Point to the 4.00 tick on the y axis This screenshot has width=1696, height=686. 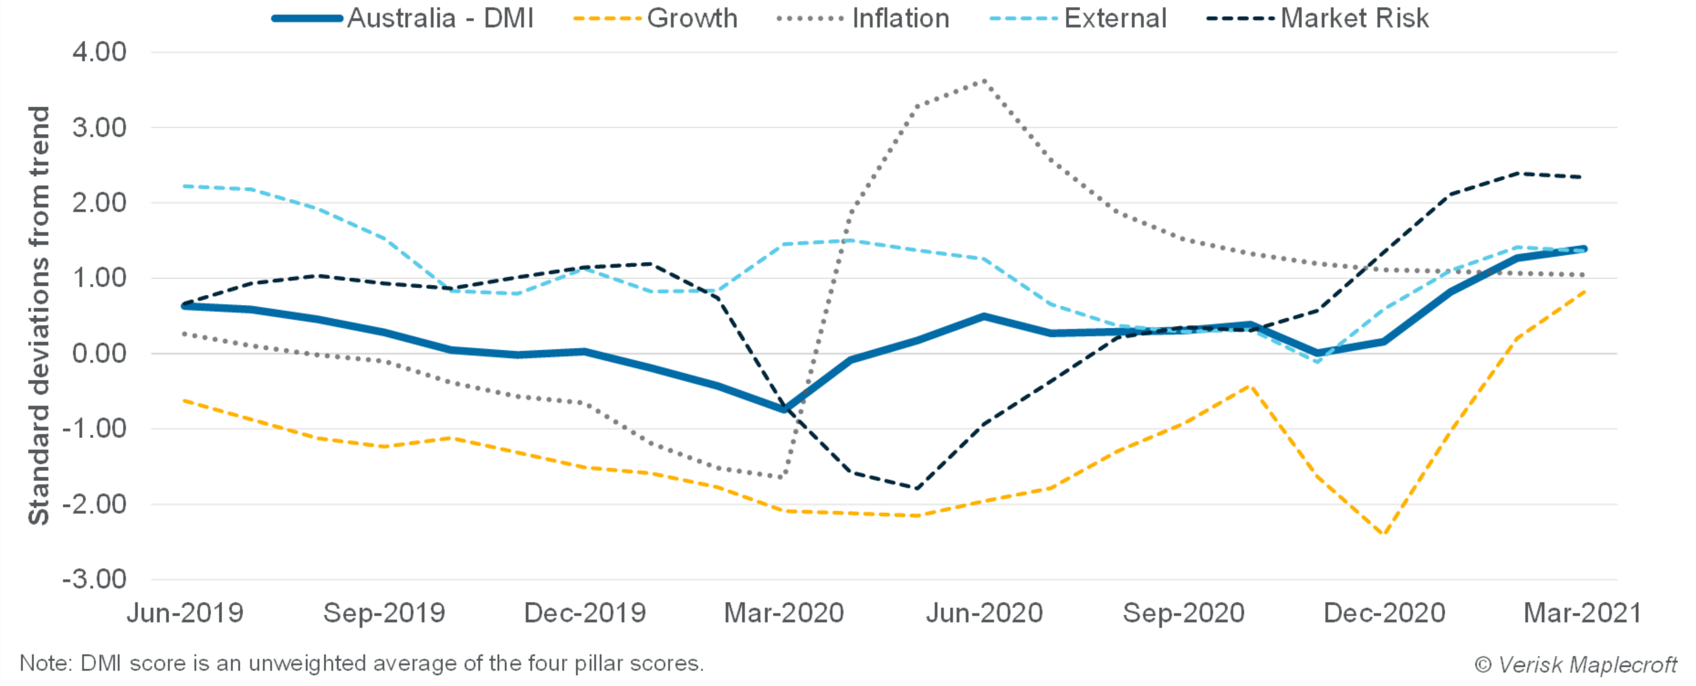(99, 52)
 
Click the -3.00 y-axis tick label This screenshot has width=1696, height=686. (94, 580)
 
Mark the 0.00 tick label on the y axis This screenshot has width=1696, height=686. (99, 354)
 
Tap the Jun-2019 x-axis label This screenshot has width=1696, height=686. (185, 614)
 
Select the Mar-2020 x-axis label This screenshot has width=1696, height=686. (783, 614)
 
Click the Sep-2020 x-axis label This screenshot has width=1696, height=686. (1183, 614)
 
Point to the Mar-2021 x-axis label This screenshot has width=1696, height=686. (1582, 614)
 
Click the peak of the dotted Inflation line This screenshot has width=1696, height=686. (984, 80)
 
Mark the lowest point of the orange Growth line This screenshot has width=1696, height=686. (1383, 534)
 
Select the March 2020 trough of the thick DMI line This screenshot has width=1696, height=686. (783, 410)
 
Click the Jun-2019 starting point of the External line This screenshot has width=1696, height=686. (185, 186)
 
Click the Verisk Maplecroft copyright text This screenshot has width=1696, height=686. (1575, 664)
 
